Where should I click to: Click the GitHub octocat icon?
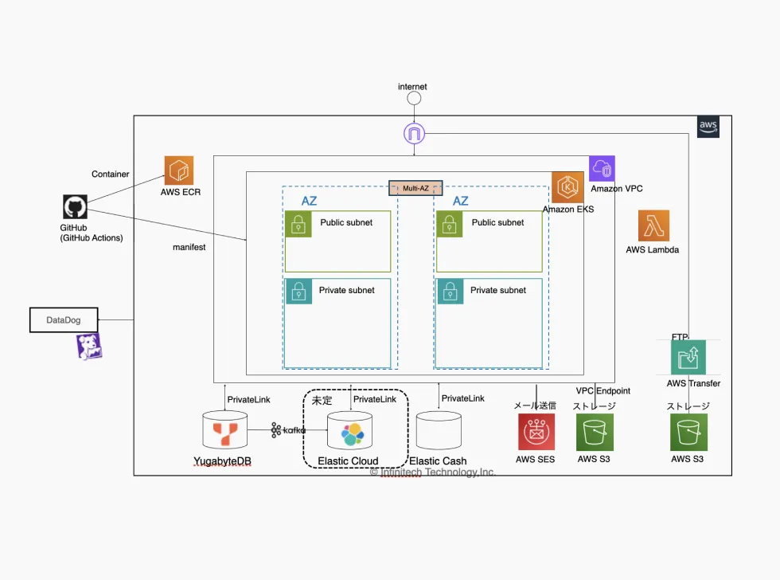[75, 207]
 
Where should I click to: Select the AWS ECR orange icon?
[179, 170]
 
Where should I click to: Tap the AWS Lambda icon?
[653, 225]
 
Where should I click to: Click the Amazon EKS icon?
[567, 187]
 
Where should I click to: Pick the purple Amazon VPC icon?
[603, 169]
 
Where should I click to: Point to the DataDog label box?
[64, 320]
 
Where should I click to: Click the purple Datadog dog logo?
[88, 347]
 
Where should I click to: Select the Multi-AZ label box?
[415, 188]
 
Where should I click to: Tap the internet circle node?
[414, 99]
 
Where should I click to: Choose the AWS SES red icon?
[536, 433]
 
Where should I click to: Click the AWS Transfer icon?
[687, 357]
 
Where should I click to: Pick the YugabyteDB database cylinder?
[225, 431]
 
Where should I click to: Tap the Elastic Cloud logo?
[352, 435]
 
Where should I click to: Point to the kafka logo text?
[288, 430]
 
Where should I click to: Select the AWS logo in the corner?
[708, 126]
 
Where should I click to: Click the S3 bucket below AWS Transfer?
[688, 433]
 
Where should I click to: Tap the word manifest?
[189, 247]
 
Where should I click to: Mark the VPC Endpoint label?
[603, 390]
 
